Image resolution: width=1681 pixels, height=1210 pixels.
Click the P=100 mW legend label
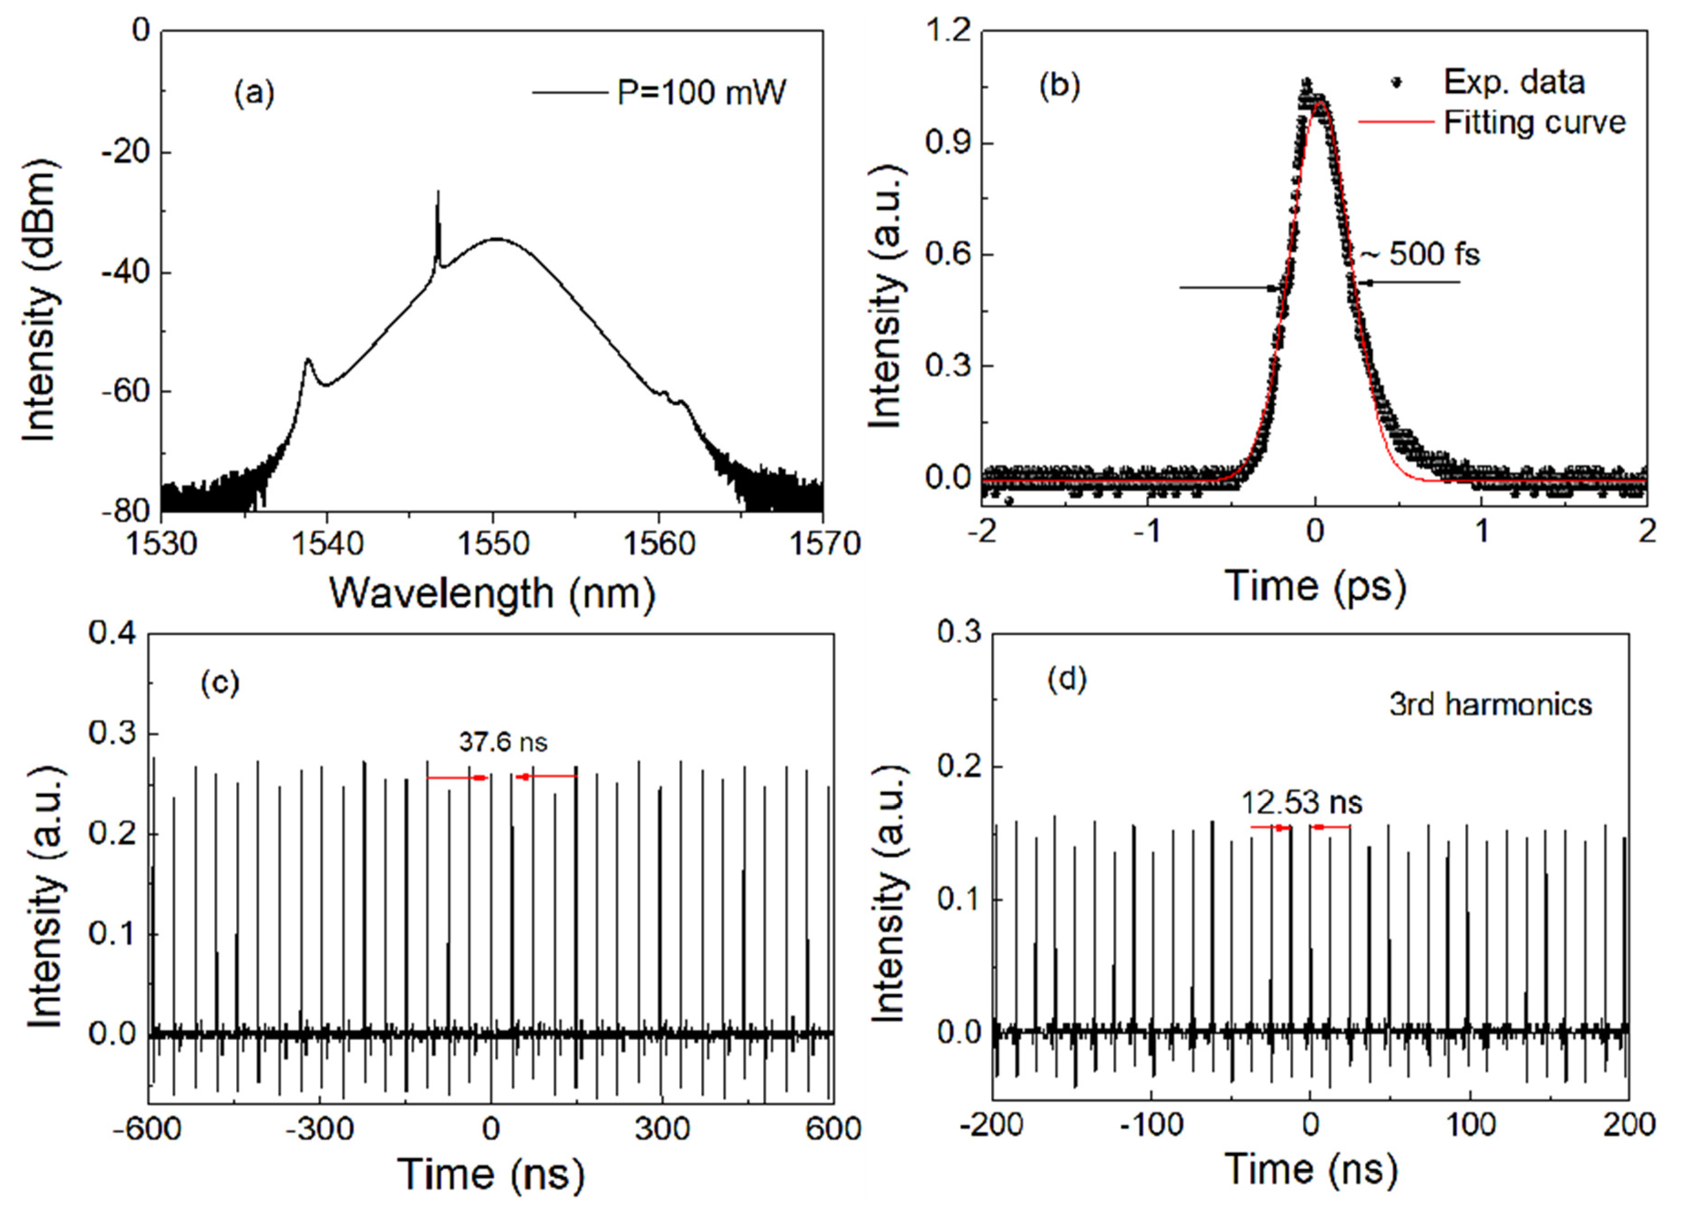701,94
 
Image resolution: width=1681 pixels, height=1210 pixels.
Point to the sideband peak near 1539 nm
307,362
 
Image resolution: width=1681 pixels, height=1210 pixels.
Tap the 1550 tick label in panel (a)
493,545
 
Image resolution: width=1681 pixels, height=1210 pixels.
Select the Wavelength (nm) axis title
493,593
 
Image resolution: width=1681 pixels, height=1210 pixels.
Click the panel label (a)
254,94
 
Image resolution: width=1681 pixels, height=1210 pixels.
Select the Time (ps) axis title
1315,586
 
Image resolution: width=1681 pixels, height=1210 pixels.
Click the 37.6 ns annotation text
503,742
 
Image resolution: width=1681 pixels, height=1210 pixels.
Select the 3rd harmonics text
1490,704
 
